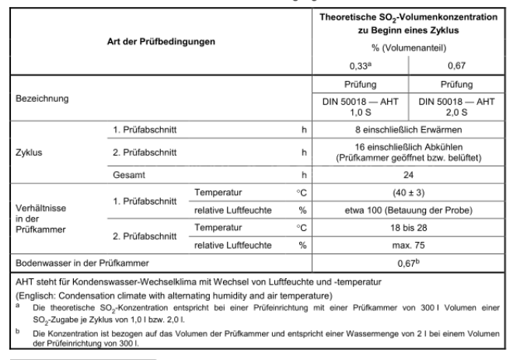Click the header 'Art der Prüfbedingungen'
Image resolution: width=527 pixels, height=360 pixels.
pos(161,40)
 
